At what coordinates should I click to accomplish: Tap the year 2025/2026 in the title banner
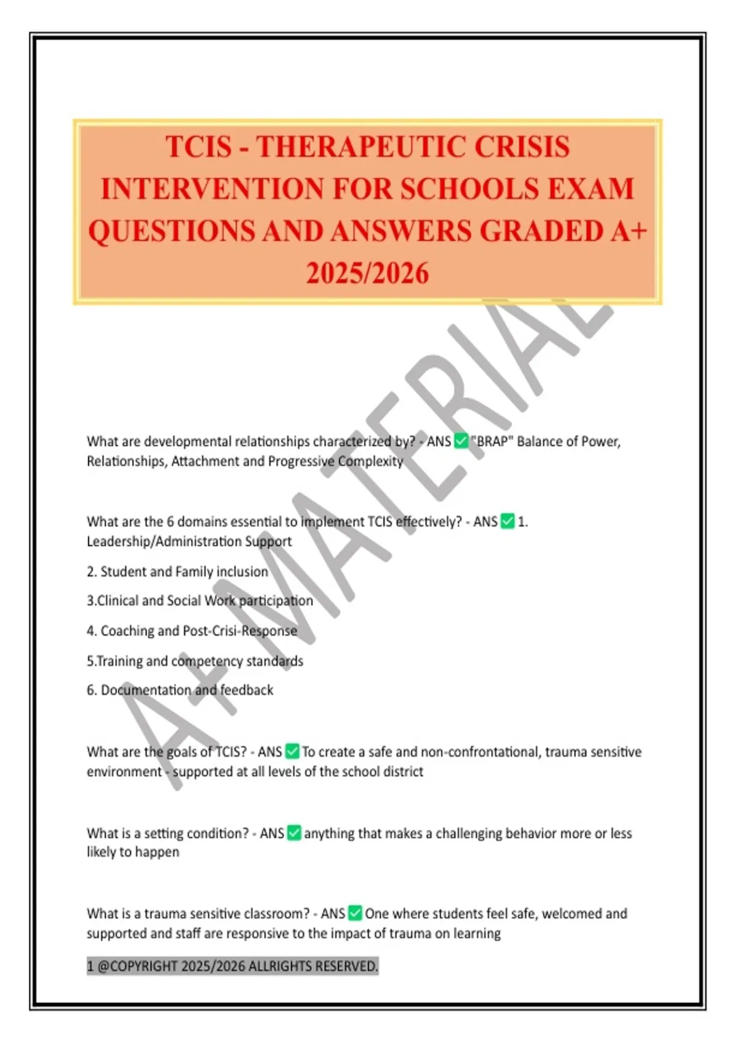[x=367, y=273]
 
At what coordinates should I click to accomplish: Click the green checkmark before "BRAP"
[x=461, y=441]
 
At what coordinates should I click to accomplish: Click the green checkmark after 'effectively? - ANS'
[x=508, y=522]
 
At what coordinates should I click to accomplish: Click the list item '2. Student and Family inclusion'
[x=178, y=571]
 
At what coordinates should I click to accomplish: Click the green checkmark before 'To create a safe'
[x=292, y=751]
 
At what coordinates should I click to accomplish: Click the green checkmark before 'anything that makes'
[x=294, y=833]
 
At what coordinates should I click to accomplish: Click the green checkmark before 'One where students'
[x=355, y=913]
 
